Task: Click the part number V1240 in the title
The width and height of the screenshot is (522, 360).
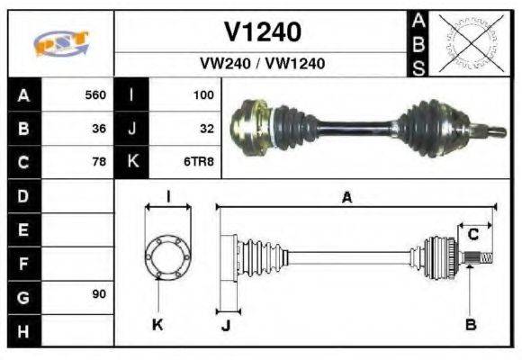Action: tap(262, 32)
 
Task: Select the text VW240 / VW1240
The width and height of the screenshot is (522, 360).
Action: tap(262, 64)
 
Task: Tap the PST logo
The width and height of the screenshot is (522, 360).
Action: tap(60, 43)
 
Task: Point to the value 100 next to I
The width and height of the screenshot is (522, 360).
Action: tap(203, 94)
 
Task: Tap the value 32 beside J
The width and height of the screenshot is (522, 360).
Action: tap(206, 129)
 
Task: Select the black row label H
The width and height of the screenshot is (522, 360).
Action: tap(22, 330)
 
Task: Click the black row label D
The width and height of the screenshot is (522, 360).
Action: tap(22, 195)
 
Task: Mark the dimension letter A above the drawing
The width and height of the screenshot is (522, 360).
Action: tap(346, 197)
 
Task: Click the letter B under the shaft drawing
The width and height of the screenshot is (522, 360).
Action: tap(470, 324)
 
